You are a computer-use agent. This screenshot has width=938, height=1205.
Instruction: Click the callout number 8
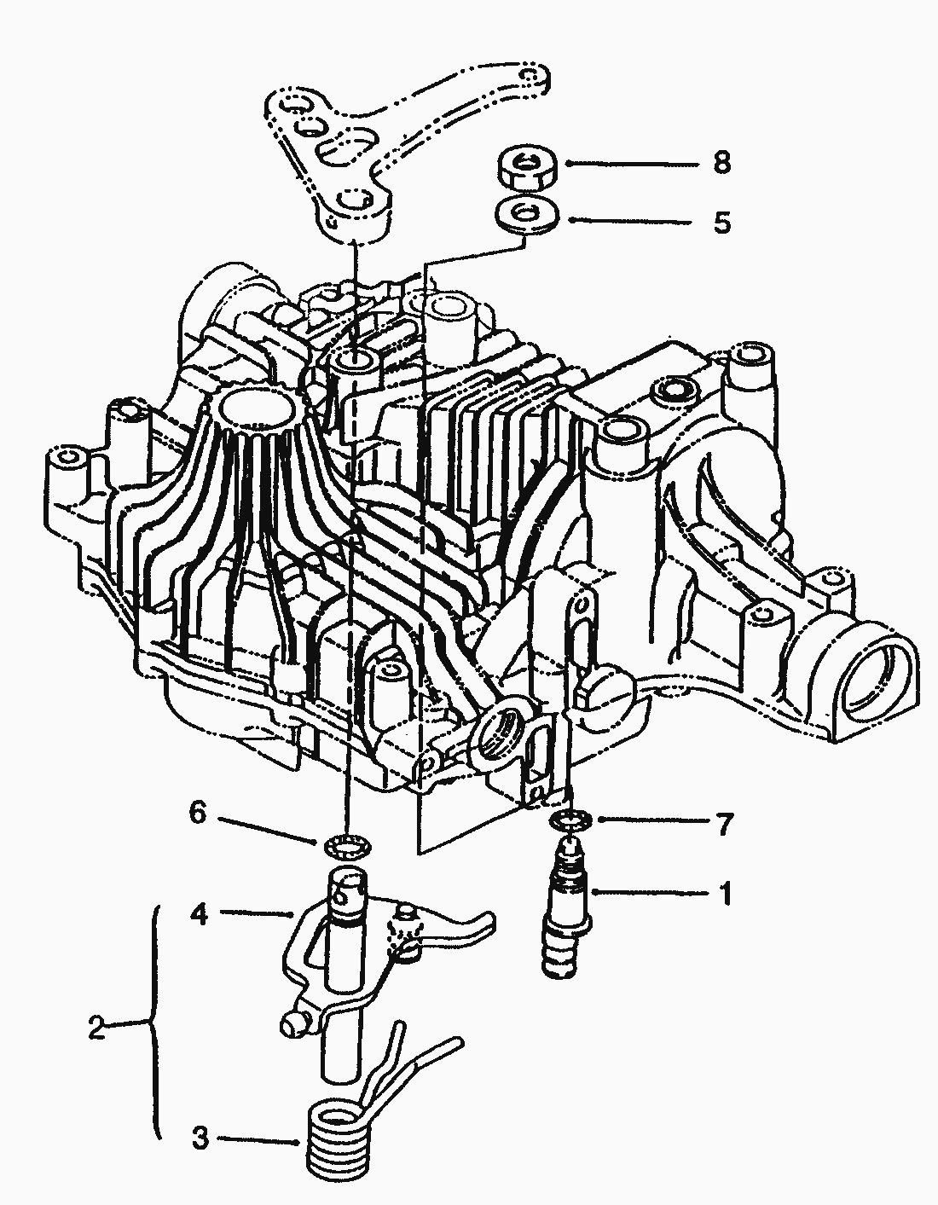[722, 162]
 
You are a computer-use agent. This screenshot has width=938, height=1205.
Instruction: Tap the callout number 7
[723, 824]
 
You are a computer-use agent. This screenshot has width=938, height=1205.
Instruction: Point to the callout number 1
[725, 895]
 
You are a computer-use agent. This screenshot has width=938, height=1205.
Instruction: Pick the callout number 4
[198, 915]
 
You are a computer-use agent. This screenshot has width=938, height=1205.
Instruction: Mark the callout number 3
[199, 1138]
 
